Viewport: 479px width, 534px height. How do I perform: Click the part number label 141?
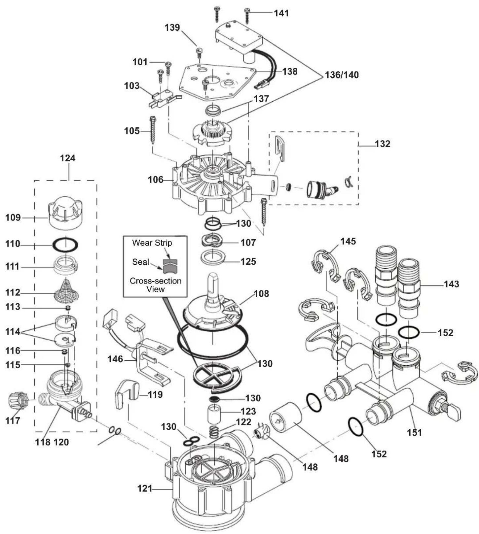(x=281, y=13)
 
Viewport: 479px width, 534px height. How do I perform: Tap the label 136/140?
(x=342, y=75)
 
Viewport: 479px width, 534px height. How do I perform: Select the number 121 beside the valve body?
(x=145, y=488)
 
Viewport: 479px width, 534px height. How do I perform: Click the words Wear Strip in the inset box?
(x=152, y=243)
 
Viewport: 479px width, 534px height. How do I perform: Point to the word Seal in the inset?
(x=141, y=262)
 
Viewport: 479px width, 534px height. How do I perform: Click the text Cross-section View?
(x=156, y=285)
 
